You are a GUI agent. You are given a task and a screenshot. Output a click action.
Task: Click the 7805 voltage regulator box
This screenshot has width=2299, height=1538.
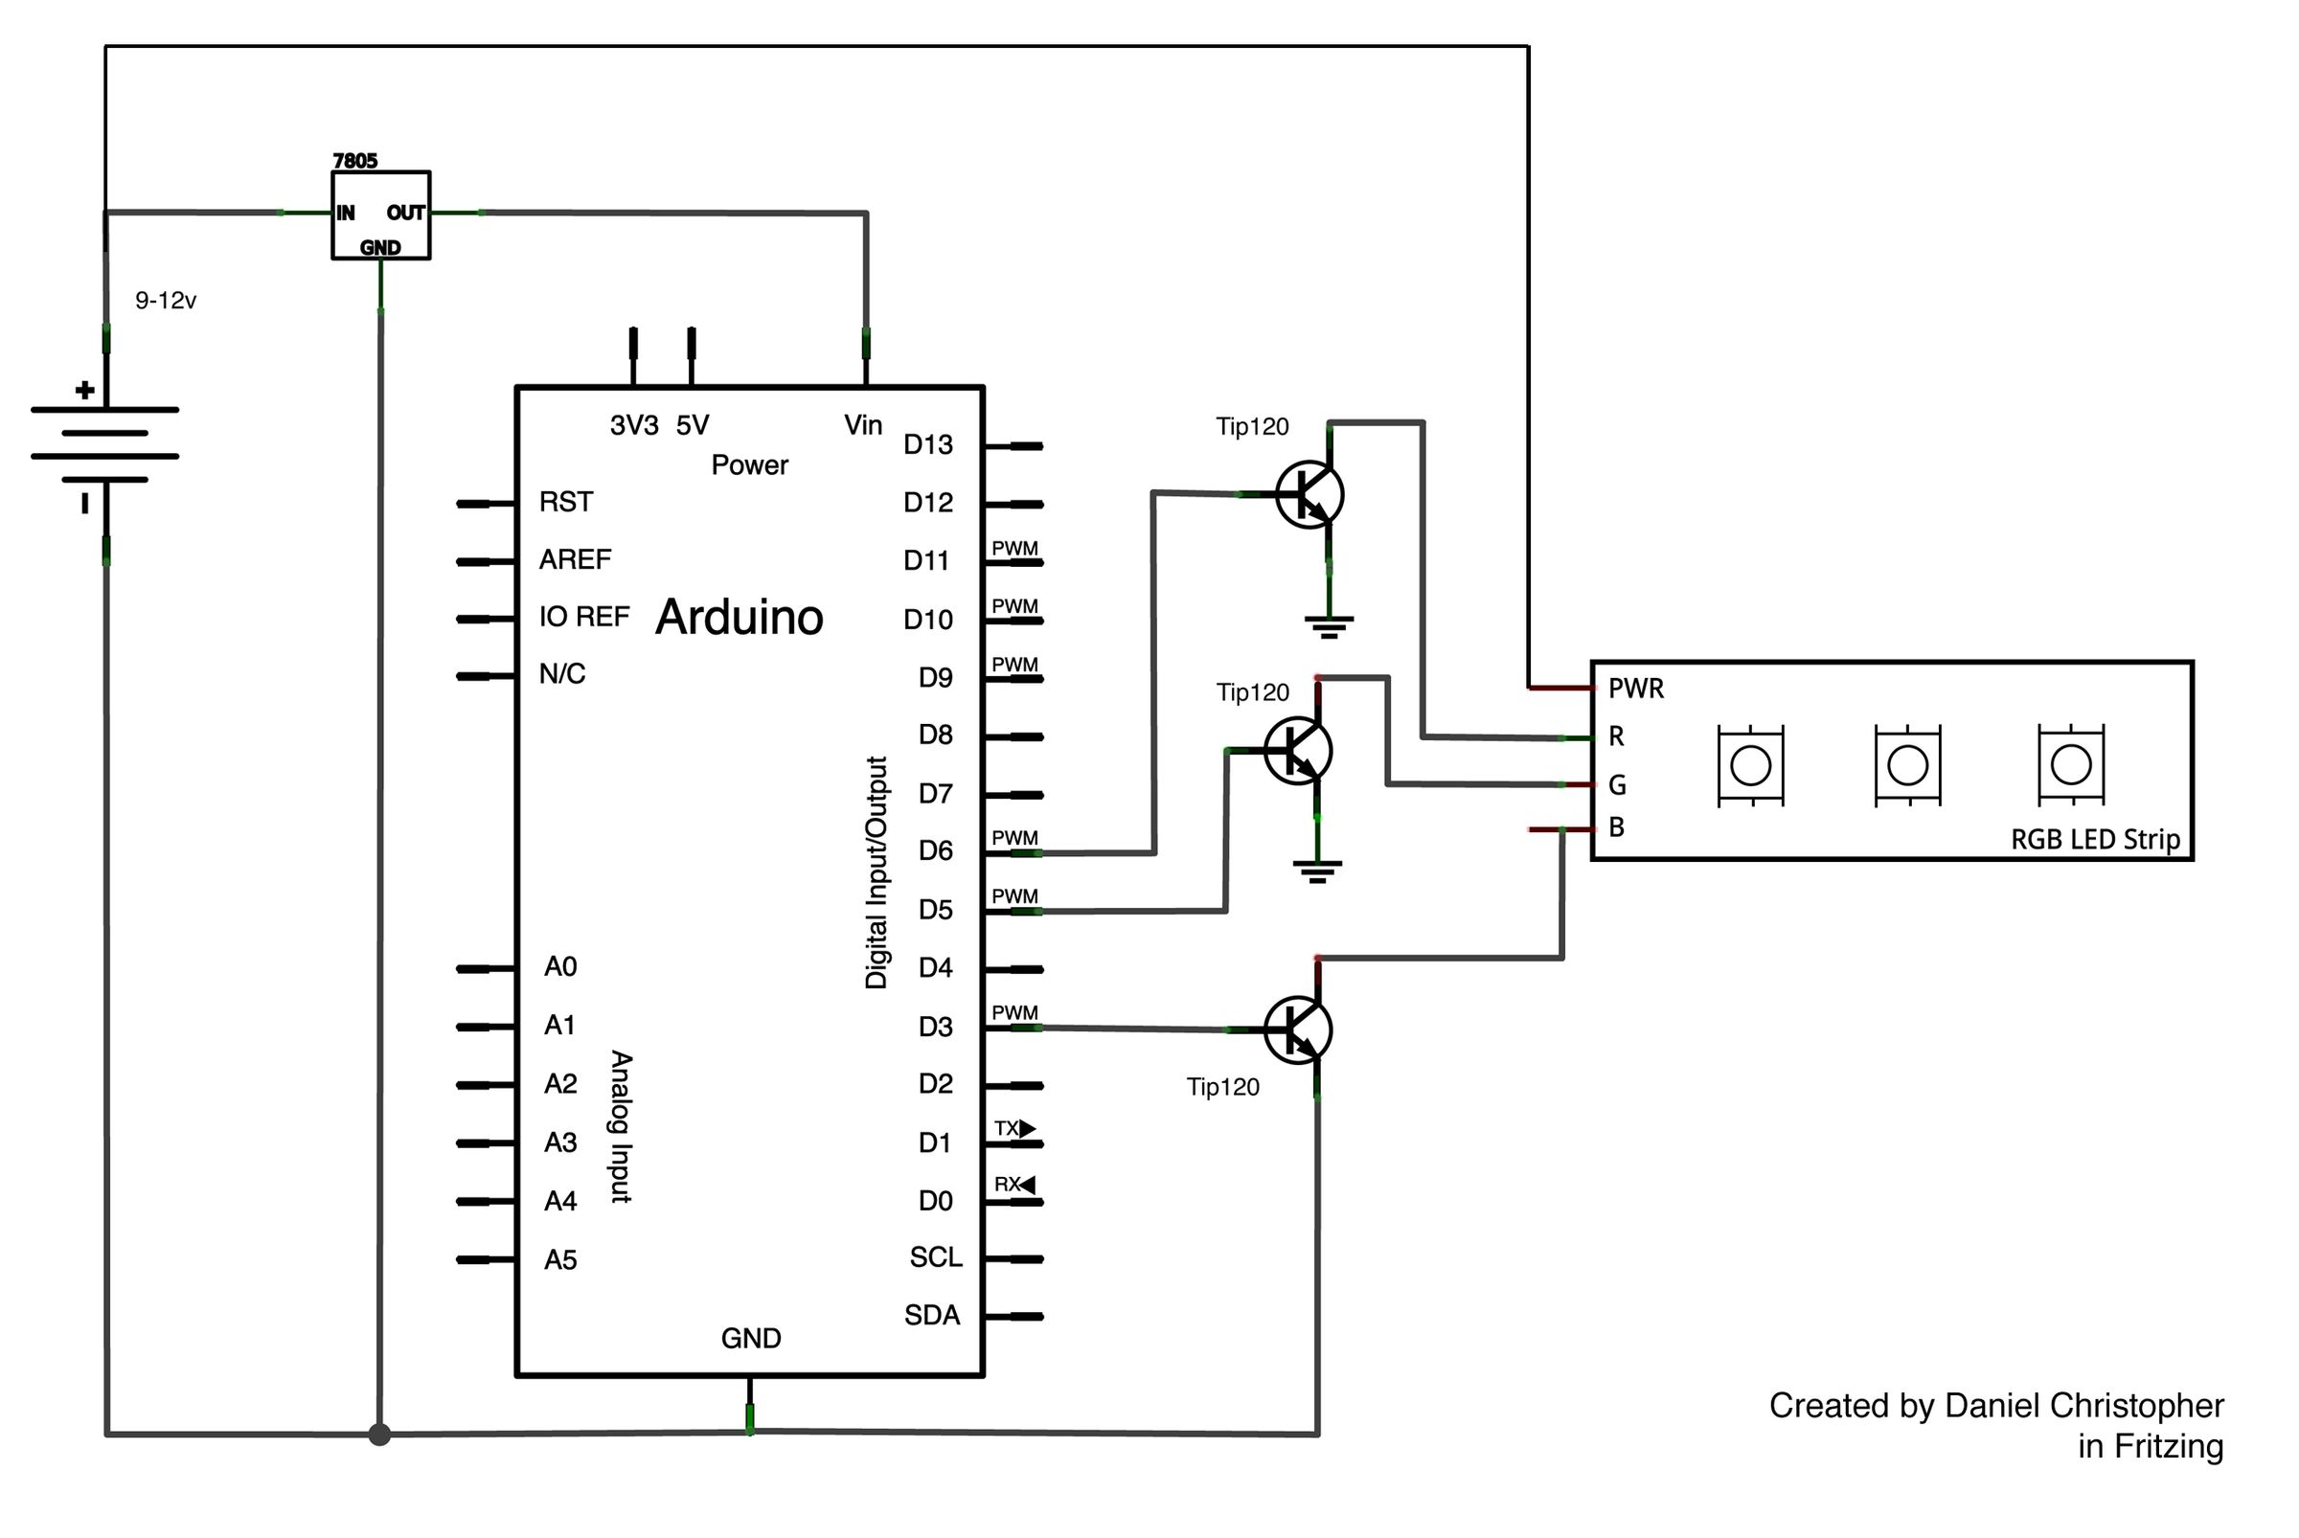380,215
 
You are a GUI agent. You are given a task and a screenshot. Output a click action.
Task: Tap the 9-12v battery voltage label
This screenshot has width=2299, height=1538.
165,301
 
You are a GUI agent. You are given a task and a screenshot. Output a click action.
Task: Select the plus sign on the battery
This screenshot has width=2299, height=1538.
85,391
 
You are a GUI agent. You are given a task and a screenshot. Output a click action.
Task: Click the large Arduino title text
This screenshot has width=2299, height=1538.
739,617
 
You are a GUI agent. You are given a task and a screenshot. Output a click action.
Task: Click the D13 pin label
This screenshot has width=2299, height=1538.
927,445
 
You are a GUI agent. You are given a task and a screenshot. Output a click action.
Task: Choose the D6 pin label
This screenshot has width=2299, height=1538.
935,850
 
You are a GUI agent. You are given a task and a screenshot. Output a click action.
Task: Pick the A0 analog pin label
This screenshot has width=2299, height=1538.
560,967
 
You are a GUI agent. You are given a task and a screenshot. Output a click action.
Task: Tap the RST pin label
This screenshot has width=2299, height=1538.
565,502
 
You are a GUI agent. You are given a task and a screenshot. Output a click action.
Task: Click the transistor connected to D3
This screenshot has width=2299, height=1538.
1298,1029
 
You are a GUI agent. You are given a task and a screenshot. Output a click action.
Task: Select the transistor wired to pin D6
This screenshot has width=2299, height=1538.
1309,494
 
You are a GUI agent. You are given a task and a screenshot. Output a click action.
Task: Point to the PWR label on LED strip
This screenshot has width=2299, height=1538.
1636,689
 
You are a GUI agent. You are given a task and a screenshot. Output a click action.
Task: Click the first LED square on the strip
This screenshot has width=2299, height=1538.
1750,766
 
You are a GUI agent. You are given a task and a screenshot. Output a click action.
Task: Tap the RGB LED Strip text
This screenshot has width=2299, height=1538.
2095,840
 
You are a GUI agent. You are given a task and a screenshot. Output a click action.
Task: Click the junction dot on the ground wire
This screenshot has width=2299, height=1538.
379,1435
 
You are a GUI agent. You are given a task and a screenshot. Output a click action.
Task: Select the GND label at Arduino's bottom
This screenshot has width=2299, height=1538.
751,1338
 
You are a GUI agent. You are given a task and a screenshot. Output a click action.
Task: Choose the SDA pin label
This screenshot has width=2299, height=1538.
931,1315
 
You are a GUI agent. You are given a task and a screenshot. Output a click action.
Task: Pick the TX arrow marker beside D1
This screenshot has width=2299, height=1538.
1026,1128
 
